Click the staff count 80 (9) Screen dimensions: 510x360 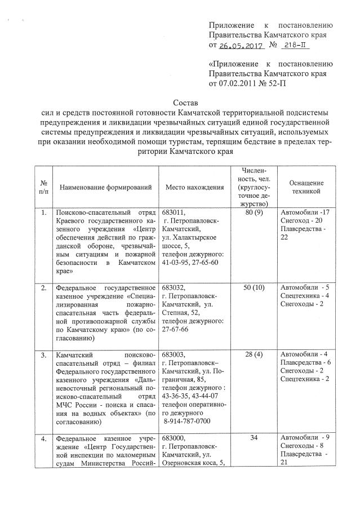[255, 212]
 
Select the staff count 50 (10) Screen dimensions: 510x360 [254, 287]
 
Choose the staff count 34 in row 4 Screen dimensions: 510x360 [254, 437]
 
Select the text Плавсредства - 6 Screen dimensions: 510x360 [305, 362]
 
